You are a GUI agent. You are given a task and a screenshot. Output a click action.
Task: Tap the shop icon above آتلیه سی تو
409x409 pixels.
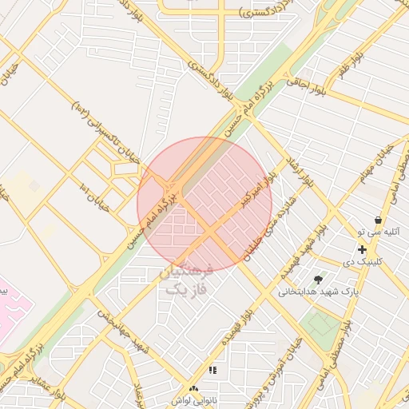point(378,220)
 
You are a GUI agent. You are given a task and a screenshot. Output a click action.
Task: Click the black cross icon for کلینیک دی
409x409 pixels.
point(363,250)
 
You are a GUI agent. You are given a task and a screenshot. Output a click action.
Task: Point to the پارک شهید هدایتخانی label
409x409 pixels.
point(315,292)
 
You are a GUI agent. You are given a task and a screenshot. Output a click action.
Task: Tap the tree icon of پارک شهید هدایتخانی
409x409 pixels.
point(320,280)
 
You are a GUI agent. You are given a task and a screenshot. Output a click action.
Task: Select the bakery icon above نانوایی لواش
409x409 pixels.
point(194,389)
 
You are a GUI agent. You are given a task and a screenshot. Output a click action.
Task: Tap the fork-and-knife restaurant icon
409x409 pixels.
point(212,370)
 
